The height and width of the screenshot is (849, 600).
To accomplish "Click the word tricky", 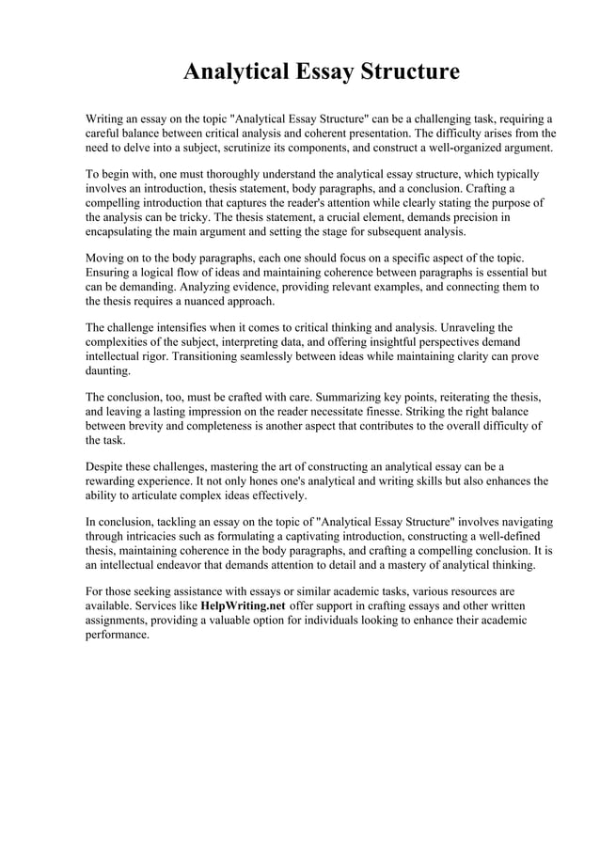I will point(184,217).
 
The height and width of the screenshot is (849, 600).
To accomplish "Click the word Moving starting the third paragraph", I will point(107,258).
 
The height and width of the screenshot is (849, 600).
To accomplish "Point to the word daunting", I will point(108,370).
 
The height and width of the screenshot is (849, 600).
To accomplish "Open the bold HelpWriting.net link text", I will point(245,605).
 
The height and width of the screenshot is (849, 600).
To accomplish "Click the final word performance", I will point(118,635).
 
